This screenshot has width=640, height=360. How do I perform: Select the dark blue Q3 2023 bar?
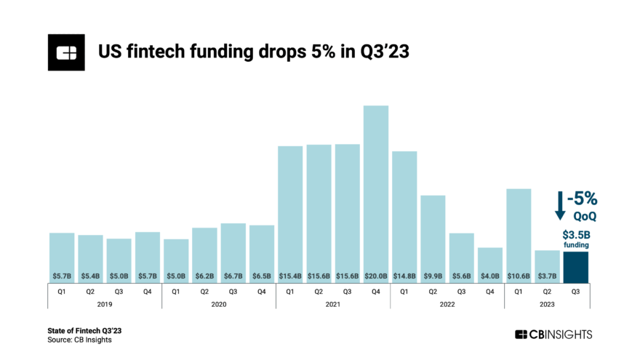pos(576,267)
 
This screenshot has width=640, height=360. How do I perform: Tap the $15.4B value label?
pos(290,276)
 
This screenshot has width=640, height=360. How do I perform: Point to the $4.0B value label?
pos(490,276)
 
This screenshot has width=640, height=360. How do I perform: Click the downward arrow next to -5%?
pos(560,205)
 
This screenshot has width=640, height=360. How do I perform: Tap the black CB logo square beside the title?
pos(67,52)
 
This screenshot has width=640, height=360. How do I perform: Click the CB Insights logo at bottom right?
pos(553,335)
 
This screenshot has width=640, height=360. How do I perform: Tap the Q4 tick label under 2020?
pos(262,292)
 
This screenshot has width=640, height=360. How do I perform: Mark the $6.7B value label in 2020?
pos(233,276)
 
